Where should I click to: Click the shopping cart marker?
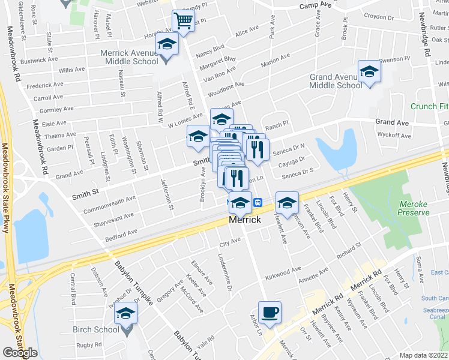click(183, 22)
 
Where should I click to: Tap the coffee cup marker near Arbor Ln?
click(270, 312)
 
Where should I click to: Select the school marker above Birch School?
click(126, 313)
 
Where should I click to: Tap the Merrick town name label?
click(245, 220)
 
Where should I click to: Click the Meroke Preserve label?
click(414, 208)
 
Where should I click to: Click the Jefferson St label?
click(166, 195)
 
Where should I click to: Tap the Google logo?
click(20, 353)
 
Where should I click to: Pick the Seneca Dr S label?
click(299, 172)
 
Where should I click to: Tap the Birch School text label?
click(96, 329)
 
